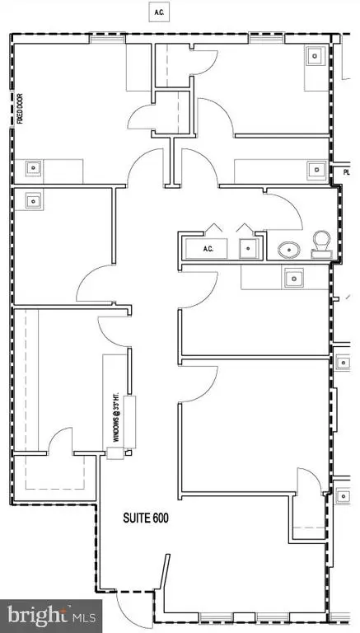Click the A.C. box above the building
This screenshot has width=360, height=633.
(x=157, y=12)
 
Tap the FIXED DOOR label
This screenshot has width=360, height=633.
(x=19, y=110)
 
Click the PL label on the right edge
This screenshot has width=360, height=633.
(x=347, y=173)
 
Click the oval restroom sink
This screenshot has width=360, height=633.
(x=288, y=249)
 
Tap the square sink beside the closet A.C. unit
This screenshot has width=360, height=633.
(x=245, y=248)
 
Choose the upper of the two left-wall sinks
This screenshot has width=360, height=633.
(x=34, y=167)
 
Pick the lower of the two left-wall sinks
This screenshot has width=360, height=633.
(x=34, y=199)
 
